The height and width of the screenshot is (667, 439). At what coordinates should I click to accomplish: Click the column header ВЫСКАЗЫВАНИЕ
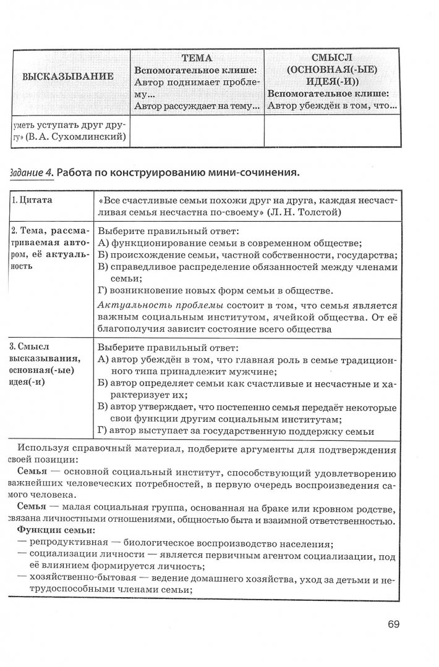tap(68, 77)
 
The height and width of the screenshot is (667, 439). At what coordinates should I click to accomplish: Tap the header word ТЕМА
tap(197, 58)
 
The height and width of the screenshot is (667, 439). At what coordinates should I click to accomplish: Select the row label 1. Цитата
tap(32, 201)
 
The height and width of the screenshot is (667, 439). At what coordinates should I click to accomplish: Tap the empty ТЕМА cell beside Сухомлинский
tap(197, 132)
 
